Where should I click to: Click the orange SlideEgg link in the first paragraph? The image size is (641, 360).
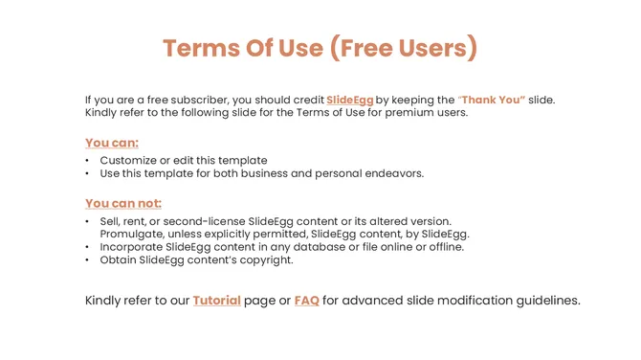pyautogui.click(x=350, y=100)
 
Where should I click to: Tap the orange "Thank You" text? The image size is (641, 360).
pyautogui.click(x=492, y=100)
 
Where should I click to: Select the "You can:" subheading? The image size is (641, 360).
pyautogui.click(x=112, y=143)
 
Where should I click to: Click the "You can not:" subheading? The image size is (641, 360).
pyautogui.click(x=123, y=203)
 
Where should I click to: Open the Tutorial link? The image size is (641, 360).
pyautogui.click(x=216, y=301)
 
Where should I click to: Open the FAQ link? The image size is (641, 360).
pyautogui.click(x=306, y=301)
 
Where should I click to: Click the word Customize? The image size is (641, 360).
pyautogui.click(x=130, y=161)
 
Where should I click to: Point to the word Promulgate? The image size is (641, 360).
pyautogui.click(x=133, y=234)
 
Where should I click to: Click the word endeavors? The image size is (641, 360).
pyautogui.click(x=390, y=173)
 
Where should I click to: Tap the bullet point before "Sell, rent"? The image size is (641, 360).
pyautogui.click(x=88, y=221)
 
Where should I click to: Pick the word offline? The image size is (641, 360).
pyautogui.click(x=441, y=247)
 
